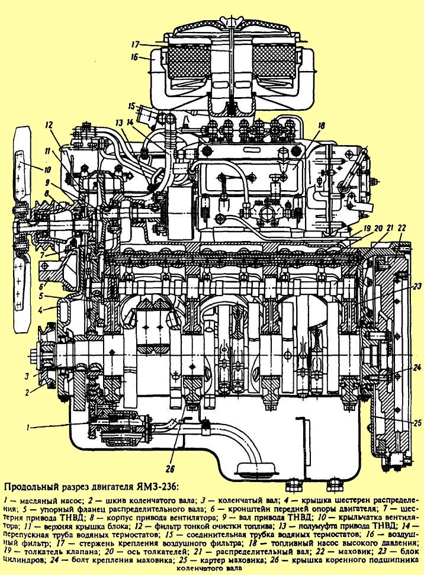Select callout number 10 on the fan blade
(x=48, y=170)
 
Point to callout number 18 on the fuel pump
(x=322, y=126)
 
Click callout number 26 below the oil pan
(x=171, y=468)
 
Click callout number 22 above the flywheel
(x=401, y=228)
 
